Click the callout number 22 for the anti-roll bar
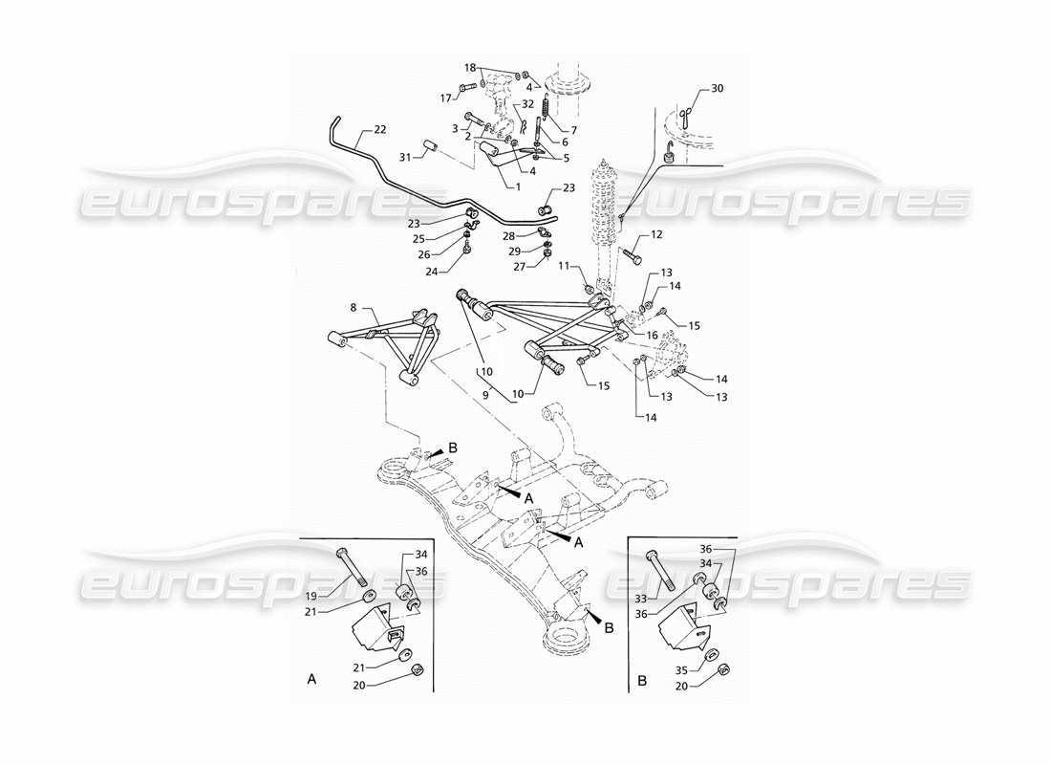point(380,129)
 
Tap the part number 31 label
point(403,157)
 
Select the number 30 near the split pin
point(718,89)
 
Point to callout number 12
point(656,234)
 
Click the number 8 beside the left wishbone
point(354,308)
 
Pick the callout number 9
point(485,394)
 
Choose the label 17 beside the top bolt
point(444,98)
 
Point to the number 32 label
point(527,103)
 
